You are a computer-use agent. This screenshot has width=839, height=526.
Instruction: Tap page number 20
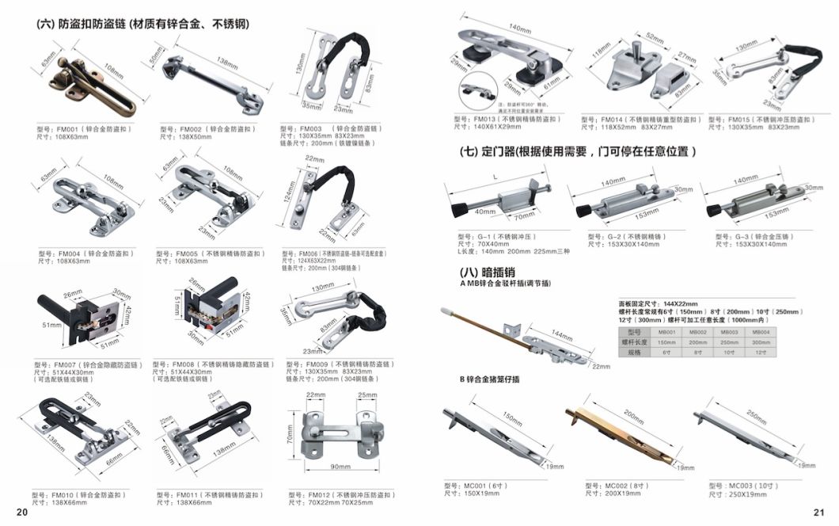click(22, 513)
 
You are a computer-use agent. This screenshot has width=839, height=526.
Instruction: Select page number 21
click(819, 513)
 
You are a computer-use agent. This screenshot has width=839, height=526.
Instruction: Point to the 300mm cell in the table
click(761, 341)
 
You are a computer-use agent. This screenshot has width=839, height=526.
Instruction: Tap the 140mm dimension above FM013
click(520, 29)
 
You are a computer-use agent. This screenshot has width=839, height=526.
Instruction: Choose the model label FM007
click(66, 365)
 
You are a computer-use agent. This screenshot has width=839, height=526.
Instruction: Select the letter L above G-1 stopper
click(495, 179)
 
